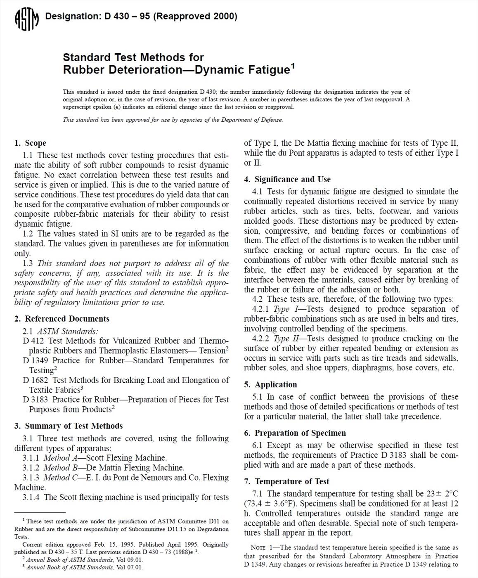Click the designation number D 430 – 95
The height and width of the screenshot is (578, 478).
click(120, 17)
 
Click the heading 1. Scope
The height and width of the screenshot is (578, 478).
click(30, 143)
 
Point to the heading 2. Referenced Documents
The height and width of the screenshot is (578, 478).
click(62, 319)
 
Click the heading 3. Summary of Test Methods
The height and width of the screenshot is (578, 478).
click(69, 426)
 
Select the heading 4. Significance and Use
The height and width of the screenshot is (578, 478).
click(287, 179)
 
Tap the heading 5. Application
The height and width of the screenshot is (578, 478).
click(270, 384)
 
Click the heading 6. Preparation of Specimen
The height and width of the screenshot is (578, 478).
click(295, 433)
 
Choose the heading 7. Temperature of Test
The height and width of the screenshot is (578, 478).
click(286, 481)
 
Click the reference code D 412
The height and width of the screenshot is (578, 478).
click(32, 341)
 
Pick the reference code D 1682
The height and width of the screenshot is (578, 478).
click(35, 380)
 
